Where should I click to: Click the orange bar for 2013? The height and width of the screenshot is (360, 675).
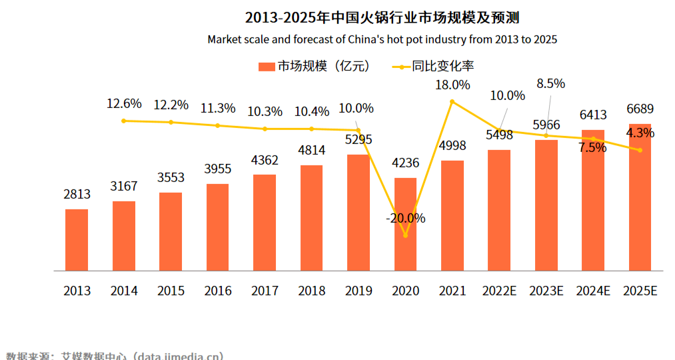coord(77,240)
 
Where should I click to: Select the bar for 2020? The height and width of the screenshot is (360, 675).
coord(405,224)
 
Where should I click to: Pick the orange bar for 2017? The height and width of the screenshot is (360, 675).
coord(265,223)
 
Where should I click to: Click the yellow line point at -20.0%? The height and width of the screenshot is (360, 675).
coord(405,235)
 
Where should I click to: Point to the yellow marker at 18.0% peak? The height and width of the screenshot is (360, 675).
coord(452,102)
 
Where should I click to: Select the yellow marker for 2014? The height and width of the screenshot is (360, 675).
coord(124,121)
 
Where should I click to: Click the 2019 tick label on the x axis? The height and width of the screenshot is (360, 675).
coord(358,291)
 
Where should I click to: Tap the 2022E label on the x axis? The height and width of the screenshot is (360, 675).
coord(499,291)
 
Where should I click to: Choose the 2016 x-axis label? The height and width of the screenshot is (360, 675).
coord(218,291)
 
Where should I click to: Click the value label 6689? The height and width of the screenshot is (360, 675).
coord(640,109)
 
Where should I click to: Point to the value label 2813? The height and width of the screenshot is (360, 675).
coord(77,194)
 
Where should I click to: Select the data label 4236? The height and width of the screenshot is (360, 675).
coord(405,163)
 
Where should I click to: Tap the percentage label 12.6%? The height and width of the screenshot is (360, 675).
coord(124,104)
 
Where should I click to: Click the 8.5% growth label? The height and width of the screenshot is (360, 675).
coord(551,84)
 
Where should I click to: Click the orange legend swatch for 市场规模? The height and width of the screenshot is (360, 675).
coord(266,67)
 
